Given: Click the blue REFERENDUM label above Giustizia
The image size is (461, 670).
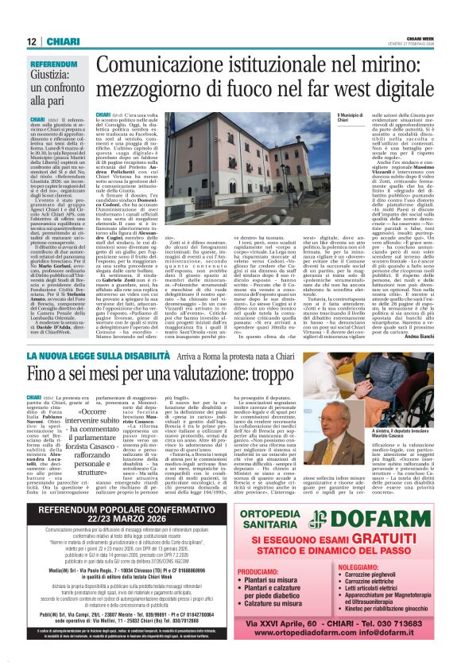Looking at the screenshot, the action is pos(55,63).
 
